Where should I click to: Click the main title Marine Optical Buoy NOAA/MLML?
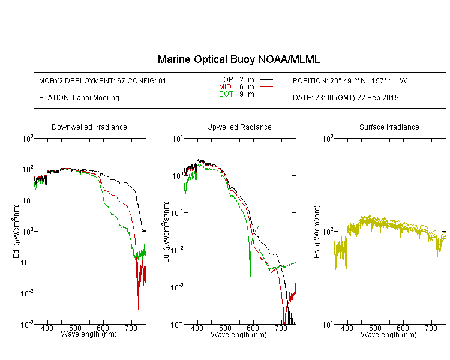tap(238, 60)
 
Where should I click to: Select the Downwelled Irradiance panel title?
tap(89, 127)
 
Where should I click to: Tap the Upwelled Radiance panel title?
tap(239, 127)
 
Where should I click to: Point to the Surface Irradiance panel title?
tap(389, 127)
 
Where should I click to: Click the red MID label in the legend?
tap(225, 86)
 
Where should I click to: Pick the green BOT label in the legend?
tap(226, 94)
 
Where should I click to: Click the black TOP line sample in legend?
tap(266, 80)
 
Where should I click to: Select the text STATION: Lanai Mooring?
tap(79, 98)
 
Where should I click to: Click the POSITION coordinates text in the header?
tap(350, 80)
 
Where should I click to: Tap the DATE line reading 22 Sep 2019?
tap(346, 98)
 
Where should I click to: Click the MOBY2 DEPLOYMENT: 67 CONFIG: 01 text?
tap(103, 80)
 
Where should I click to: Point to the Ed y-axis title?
tap(16, 231)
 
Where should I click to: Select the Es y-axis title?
tap(316, 232)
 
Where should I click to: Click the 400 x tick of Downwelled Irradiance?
tap(47, 328)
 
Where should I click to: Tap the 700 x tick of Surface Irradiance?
tap(431, 328)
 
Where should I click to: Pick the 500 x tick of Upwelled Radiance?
tap(225, 328)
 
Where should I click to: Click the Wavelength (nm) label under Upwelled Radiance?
tap(239, 335)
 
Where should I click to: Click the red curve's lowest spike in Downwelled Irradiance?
tap(137, 311)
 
